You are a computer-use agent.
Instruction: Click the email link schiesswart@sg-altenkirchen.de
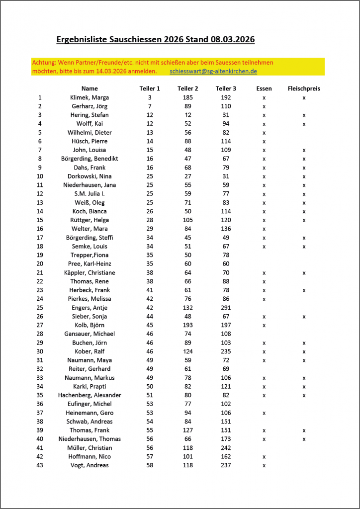213,71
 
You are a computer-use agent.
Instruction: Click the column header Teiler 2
187,88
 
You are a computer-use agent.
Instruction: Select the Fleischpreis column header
303,88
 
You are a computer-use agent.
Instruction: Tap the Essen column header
264,88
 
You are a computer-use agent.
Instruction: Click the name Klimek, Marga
90,97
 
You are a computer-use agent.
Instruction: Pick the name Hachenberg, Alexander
90,395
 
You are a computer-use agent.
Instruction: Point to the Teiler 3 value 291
226,308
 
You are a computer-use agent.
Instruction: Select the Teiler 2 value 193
187,325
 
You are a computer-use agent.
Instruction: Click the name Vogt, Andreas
90,465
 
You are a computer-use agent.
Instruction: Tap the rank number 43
40,465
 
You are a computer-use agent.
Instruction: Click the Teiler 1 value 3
150,97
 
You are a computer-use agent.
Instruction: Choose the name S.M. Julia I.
90,194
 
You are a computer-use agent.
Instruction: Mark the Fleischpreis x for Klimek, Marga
304,98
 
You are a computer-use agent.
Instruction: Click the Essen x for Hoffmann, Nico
264,457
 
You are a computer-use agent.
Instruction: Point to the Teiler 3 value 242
226,448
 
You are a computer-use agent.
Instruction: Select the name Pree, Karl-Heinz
90,263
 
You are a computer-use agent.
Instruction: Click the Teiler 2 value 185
187,97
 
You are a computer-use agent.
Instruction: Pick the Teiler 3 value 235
226,351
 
